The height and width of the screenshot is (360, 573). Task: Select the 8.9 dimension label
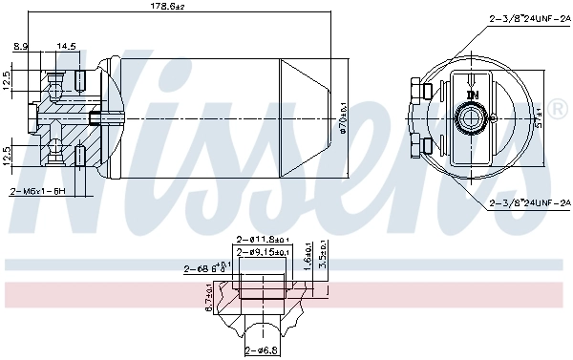(x=20, y=45)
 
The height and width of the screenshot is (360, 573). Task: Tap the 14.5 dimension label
(x=66, y=45)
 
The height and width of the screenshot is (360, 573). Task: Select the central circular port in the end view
(x=471, y=118)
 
